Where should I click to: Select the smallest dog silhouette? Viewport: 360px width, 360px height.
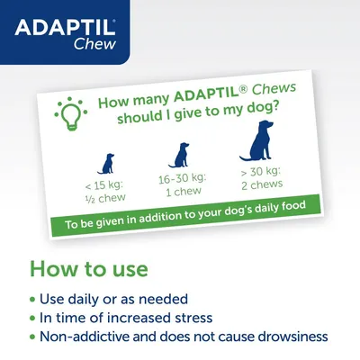[106, 164]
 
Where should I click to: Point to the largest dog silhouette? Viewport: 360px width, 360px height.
[260, 150]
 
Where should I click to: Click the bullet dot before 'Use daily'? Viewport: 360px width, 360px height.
[33, 298]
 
